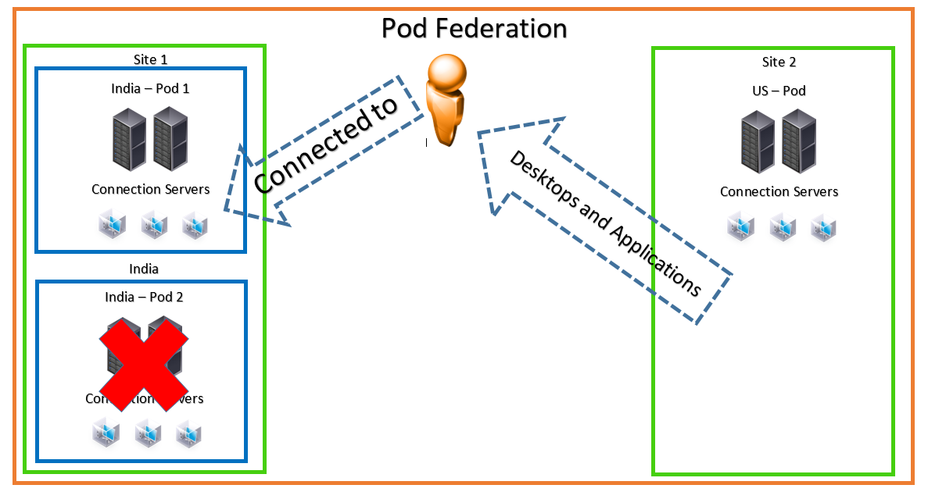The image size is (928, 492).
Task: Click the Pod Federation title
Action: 474,28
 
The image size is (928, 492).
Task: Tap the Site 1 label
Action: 150,59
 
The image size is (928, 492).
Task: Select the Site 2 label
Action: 779,62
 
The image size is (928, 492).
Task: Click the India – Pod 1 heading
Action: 150,88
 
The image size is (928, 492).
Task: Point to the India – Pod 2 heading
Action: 144,297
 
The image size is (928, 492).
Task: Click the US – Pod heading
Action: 779,91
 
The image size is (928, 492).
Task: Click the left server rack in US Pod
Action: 758,141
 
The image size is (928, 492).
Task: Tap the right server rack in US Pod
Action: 798,141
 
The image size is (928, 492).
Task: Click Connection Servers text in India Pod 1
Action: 150,189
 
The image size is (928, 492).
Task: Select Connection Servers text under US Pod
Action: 779,191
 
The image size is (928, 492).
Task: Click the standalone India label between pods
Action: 144,269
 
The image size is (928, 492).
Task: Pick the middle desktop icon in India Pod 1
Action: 153,226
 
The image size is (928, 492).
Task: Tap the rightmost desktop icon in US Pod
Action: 823,227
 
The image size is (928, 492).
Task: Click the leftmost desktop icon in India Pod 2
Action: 106,433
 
